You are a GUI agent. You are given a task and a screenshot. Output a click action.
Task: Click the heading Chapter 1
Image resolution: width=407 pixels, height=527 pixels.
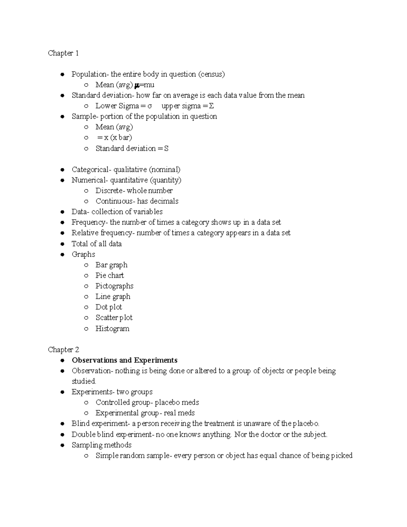pyautogui.click(x=63, y=53)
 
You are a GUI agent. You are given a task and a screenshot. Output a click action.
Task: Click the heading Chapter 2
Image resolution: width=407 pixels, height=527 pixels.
pyautogui.click(x=63, y=350)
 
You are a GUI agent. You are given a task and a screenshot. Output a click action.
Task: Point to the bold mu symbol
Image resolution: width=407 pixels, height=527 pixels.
pyautogui.click(x=137, y=85)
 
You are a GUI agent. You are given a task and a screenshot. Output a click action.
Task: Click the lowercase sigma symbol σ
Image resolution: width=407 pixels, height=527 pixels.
pyautogui.click(x=150, y=106)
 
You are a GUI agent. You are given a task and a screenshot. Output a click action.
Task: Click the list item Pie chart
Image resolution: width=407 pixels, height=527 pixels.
pyautogui.click(x=110, y=276)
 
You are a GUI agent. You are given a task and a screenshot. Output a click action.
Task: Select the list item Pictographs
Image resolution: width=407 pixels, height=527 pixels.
pyautogui.click(x=114, y=286)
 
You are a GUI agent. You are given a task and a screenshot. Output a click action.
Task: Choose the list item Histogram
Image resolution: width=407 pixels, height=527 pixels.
pyautogui.click(x=112, y=328)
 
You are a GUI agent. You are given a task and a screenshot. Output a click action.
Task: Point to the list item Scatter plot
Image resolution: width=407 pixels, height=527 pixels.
pyautogui.click(x=114, y=318)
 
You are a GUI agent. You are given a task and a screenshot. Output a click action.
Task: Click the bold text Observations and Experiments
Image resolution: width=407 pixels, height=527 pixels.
pyautogui.click(x=124, y=360)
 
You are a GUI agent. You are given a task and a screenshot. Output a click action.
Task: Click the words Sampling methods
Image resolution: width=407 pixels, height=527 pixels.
pyautogui.click(x=101, y=445)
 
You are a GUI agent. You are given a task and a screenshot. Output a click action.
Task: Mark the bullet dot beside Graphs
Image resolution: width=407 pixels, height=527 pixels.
pyautogui.click(x=62, y=255)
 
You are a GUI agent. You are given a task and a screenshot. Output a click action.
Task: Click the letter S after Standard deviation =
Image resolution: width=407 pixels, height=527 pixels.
pyautogui.click(x=166, y=149)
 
